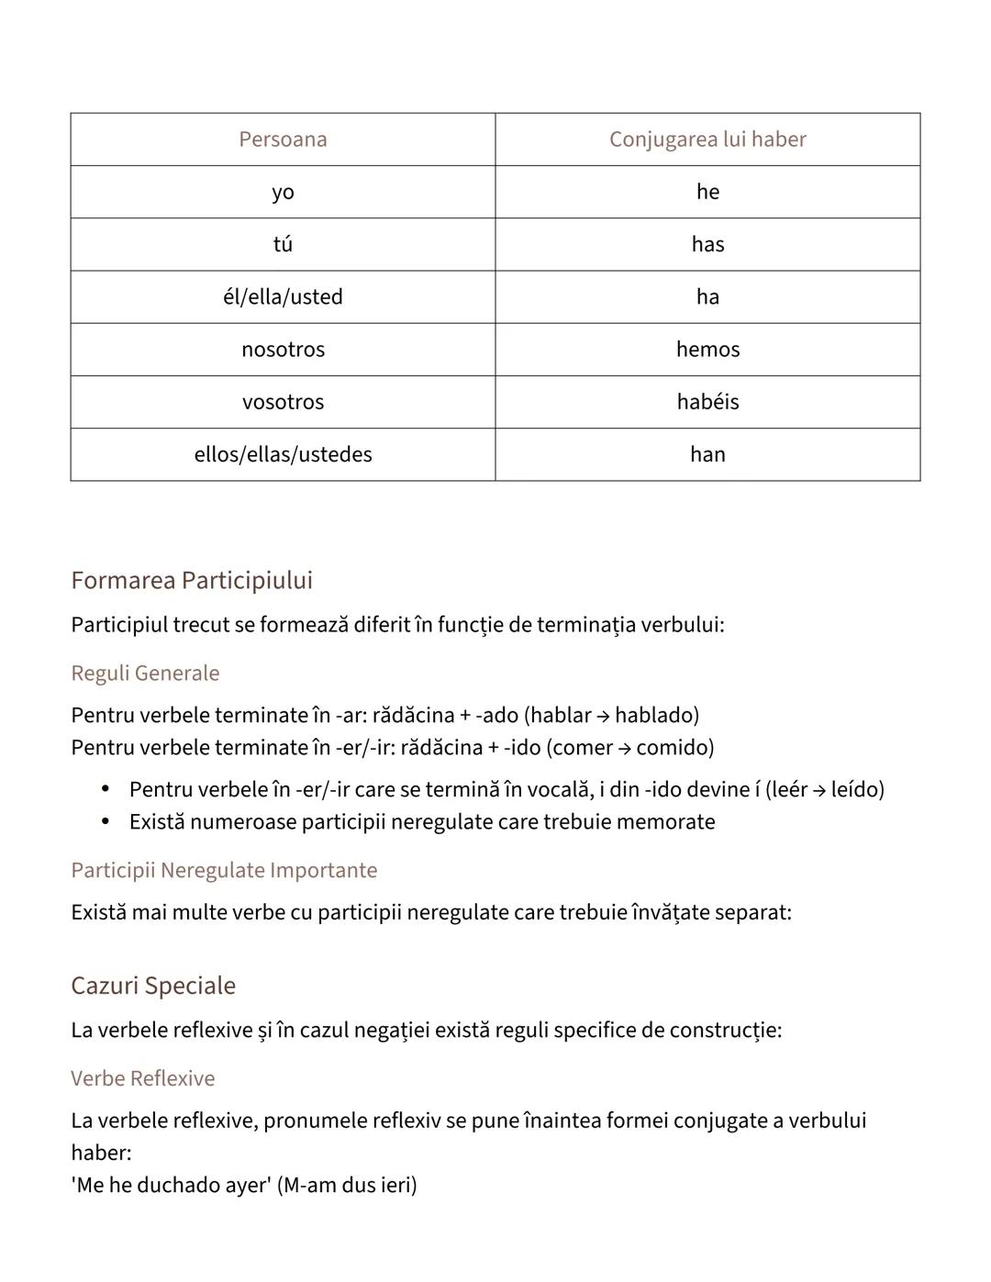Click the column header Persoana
click(283, 139)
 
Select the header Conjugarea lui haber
click(707, 139)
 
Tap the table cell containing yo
click(283, 192)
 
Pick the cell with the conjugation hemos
click(707, 350)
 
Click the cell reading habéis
click(707, 402)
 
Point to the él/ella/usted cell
click(283, 297)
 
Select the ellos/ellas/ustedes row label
click(283, 454)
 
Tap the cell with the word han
click(707, 454)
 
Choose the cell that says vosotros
click(283, 402)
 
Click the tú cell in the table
click(283, 244)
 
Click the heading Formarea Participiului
click(192, 580)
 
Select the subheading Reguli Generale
click(145, 674)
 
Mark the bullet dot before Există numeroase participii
click(106, 821)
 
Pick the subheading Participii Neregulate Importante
click(224, 871)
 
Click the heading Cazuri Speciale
click(153, 986)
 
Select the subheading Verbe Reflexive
click(142, 1079)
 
